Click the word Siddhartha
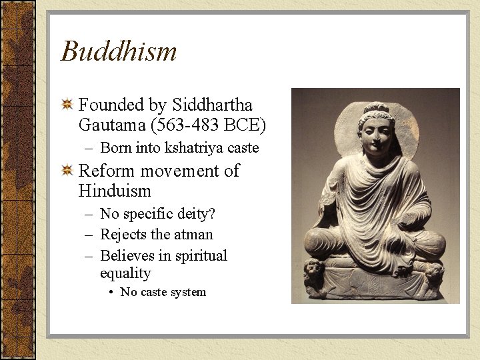click(x=213, y=105)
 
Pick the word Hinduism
click(x=115, y=191)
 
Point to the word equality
click(x=125, y=273)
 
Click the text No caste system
click(x=163, y=292)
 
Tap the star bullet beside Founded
click(x=67, y=105)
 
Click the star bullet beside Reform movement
click(x=67, y=171)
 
